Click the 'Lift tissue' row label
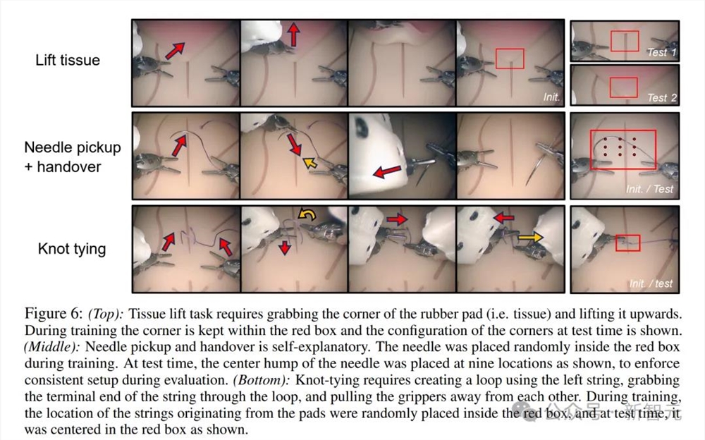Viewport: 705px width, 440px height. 68,60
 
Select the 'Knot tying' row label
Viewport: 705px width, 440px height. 72,248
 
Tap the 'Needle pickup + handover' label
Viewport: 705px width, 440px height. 73,157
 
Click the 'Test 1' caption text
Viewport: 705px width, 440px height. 662,52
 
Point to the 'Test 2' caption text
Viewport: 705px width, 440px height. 662,97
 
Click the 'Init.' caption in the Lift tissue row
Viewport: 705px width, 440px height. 551,97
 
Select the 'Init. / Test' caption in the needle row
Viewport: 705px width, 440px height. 649,189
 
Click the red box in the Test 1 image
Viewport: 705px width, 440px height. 625,32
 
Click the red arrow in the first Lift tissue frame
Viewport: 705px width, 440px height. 175,51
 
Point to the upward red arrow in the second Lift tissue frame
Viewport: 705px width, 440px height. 293,35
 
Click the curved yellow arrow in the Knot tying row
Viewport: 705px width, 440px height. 307,215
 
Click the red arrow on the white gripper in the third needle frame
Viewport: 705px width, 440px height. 387,171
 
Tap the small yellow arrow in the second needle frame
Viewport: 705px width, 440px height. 310,162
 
